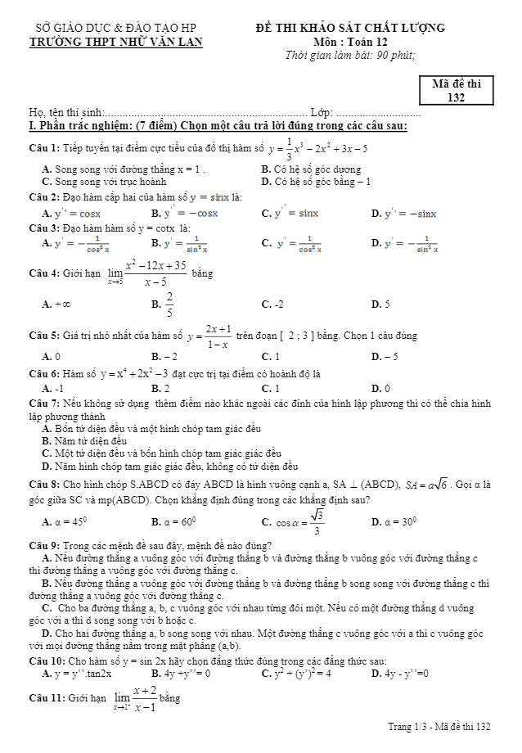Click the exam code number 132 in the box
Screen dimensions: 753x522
pyautogui.click(x=457, y=98)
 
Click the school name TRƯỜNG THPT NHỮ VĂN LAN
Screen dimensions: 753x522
pyautogui.click(x=115, y=43)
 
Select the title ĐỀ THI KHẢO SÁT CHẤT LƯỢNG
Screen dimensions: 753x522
pyautogui.click(x=350, y=28)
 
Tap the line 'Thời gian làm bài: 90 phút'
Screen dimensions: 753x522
pyautogui.click(x=350, y=56)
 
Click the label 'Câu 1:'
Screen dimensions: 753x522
pyautogui.click(x=43, y=149)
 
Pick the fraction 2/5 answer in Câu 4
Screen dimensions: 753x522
pyautogui.click(x=169, y=303)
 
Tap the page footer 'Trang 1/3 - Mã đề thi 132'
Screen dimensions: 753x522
pyautogui.click(x=439, y=726)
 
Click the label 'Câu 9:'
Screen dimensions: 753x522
pyautogui.click(x=43, y=546)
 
